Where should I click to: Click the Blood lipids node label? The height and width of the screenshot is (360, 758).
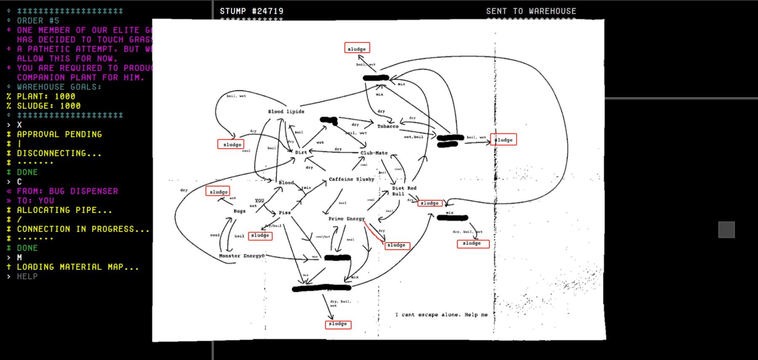point(286,112)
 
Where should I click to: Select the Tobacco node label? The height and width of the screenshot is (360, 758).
point(387,126)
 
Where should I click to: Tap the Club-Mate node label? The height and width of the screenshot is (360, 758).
point(374,153)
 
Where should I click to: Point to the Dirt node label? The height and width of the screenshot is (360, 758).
point(301,152)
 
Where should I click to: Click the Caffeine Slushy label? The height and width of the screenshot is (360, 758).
point(351,179)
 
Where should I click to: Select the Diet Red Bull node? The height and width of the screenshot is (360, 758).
point(404,191)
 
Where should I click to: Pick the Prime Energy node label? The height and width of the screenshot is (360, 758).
point(346,219)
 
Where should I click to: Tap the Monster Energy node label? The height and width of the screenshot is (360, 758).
point(242,256)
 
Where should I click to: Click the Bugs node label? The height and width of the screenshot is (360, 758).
point(239,211)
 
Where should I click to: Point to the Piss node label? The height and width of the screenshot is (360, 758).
point(285,213)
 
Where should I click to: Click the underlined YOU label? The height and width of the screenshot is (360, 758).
point(259,200)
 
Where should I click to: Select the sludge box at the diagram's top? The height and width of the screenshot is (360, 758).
point(357,48)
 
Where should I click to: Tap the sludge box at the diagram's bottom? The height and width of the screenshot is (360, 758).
point(338,324)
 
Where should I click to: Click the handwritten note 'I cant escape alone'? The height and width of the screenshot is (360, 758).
point(441,315)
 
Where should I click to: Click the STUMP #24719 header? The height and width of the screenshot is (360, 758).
point(251,11)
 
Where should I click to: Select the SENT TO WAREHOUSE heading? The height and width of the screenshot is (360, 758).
point(531,11)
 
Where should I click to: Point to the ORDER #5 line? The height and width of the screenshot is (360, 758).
point(38,21)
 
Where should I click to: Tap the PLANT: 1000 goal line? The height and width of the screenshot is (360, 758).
point(46,96)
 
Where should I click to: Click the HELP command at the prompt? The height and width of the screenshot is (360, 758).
point(27,277)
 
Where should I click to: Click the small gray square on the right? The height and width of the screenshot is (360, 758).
point(726,230)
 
